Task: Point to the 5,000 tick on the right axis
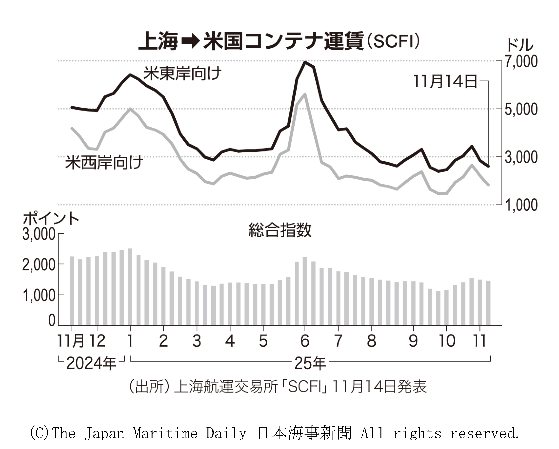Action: pyautogui.click(x=521, y=109)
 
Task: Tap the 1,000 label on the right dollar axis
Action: pyautogui.click(x=521, y=205)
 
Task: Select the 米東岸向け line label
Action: pyautogui.click(x=182, y=74)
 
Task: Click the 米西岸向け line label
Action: pyautogui.click(x=104, y=162)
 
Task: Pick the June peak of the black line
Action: pyautogui.click(x=305, y=62)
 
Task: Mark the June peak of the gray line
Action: pyautogui.click(x=305, y=94)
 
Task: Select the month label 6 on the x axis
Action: pyautogui.click(x=305, y=341)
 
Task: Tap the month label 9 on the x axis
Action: pyautogui.click(x=413, y=341)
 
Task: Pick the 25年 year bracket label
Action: pyautogui.click(x=310, y=363)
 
